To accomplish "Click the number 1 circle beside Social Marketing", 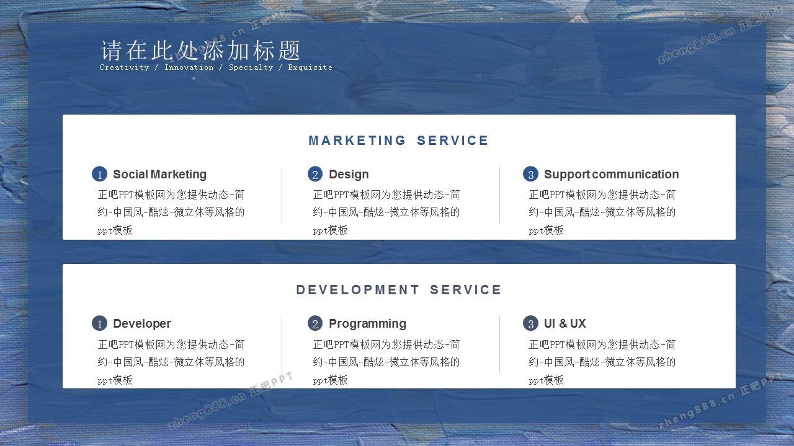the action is pos(99,174).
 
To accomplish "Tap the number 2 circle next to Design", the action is pos(315,174).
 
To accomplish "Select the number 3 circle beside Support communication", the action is pos(530,174).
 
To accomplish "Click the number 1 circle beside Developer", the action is pos(99,323).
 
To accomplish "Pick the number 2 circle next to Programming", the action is pos(315,323).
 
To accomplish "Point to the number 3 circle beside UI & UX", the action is pos(530,323).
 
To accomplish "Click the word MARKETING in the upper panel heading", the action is pos(357,141).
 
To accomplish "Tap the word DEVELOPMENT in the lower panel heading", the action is pos(358,290).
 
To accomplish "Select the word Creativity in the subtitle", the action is pos(124,68).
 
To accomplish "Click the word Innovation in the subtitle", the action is pos(189,68).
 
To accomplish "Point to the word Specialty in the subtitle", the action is pos(251,68).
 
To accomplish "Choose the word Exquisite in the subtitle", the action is pos(310,68).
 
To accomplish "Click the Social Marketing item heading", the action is pos(160,174).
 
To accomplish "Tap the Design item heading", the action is pos(349,174).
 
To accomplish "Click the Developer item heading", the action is pos(142,323).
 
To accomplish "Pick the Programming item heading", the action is pos(368,323).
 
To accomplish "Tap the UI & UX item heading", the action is pos(565,323).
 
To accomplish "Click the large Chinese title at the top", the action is pos(200,50).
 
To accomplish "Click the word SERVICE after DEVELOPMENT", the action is pos(465,290).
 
